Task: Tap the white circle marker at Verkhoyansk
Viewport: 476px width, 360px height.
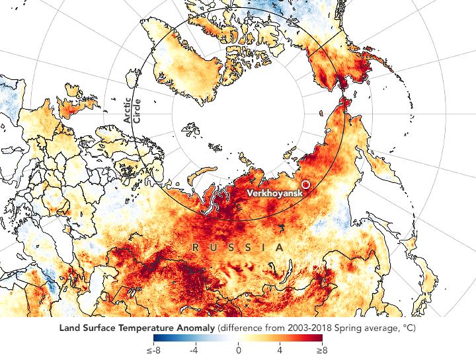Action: pos(305,184)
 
